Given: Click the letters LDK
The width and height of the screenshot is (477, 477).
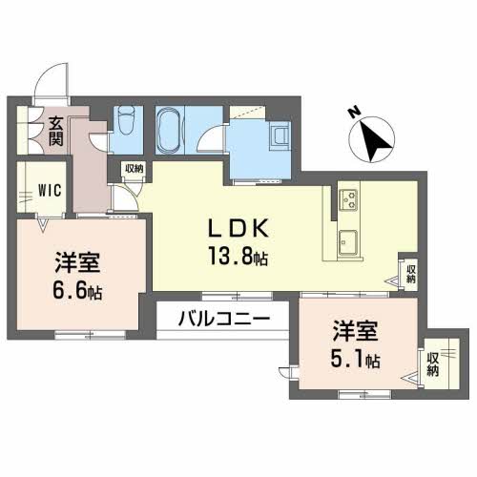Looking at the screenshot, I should pos(242,229).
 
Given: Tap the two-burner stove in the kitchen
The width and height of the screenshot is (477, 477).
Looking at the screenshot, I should pos(346,200).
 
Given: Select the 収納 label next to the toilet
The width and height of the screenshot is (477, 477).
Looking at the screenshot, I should pos(133,169).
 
